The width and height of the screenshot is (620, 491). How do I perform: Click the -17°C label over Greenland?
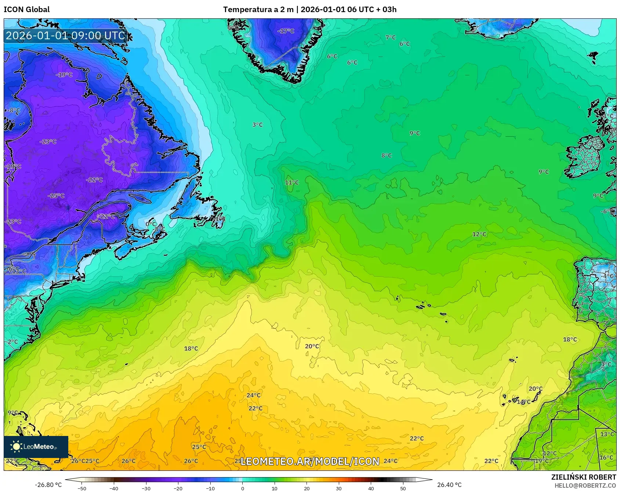click(286, 31)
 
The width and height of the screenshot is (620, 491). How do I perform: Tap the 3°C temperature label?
click(257, 125)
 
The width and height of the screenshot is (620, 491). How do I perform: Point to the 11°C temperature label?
click(292, 182)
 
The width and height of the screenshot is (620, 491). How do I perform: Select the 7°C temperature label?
click(391, 37)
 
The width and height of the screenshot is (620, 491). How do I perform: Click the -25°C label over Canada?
click(56, 196)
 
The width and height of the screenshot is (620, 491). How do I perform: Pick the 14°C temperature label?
click(524, 402)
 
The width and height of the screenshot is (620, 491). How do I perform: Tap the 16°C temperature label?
click(606, 457)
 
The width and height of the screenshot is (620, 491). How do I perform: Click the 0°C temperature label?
click(151, 224)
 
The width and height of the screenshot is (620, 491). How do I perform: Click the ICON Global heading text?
click(26, 10)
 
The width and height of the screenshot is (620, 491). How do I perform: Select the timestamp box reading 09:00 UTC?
click(65, 36)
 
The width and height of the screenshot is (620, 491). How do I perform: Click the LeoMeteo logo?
click(36, 447)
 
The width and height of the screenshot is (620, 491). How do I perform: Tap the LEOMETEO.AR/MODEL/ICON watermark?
click(310, 461)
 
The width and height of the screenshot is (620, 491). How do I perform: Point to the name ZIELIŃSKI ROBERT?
click(584, 477)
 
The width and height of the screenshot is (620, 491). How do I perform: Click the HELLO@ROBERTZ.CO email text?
click(585, 485)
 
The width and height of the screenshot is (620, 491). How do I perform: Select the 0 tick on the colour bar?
click(242, 488)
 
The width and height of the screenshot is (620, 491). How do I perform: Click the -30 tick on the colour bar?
click(146, 488)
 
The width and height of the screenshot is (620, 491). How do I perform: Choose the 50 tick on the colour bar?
click(403, 488)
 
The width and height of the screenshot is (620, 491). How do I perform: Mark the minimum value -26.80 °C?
click(48, 485)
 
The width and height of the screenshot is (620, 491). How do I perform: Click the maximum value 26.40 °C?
click(449, 485)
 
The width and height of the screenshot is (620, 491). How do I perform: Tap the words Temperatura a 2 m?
click(258, 10)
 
